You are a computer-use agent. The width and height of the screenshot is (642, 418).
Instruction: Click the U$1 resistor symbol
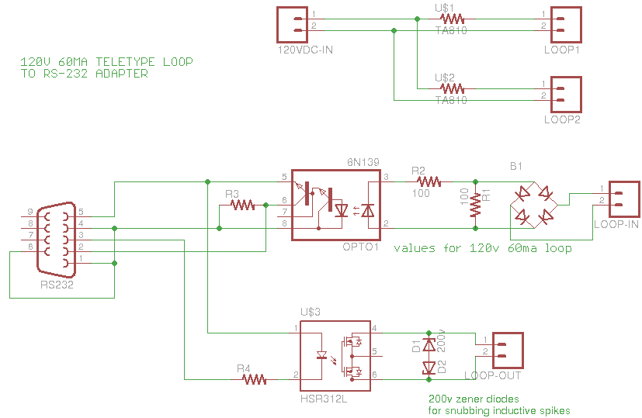[451, 19]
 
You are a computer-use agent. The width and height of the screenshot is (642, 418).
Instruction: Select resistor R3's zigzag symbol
[243, 206]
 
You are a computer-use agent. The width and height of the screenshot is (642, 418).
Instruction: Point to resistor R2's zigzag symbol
[428, 181]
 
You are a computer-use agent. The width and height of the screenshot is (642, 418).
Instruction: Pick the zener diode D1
[428, 346]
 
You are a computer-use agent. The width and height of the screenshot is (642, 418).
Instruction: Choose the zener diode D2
[428, 368]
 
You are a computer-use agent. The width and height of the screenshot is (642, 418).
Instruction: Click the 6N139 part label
[361, 161]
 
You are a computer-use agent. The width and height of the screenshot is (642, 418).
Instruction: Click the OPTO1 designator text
[359, 247]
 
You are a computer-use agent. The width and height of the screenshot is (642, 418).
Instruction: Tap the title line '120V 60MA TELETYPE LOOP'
[106, 61]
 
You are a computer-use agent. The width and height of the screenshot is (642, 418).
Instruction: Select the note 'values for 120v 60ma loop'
[483, 248]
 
